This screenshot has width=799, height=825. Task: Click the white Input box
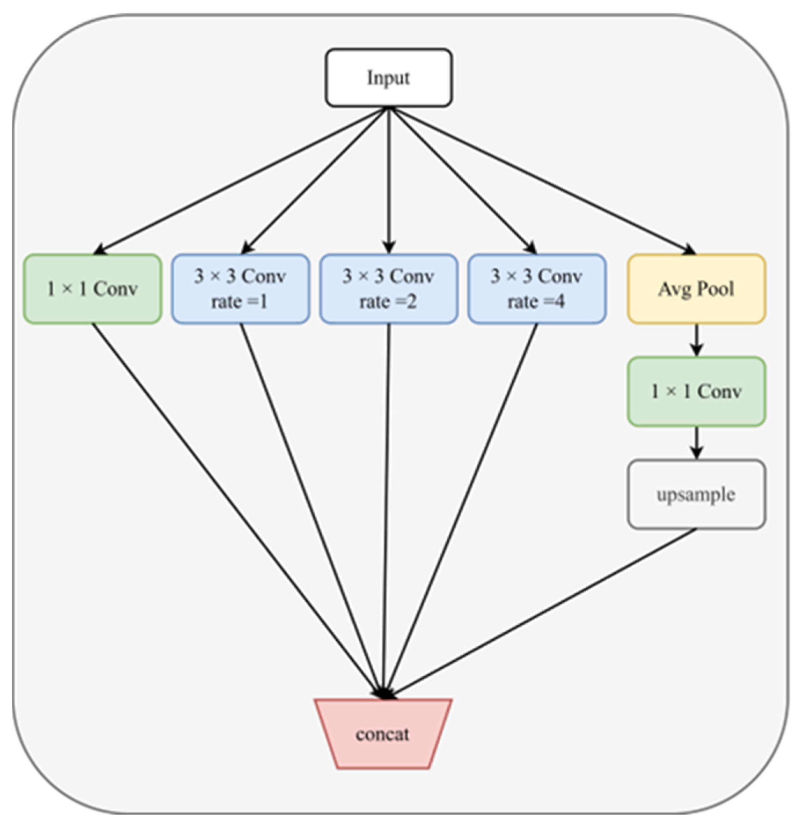pyautogui.click(x=388, y=78)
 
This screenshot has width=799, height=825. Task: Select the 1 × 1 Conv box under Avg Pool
pyautogui.click(x=696, y=392)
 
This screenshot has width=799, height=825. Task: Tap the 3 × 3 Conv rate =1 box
pyautogui.click(x=240, y=289)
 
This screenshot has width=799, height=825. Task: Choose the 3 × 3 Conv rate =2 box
pyautogui.click(x=388, y=289)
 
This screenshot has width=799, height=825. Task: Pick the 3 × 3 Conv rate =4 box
pyautogui.click(x=537, y=289)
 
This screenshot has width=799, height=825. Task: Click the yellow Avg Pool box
pyautogui.click(x=696, y=289)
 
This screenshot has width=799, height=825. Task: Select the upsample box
pyautogui.click(x=696, y=494)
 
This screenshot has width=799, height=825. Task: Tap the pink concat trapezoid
pyautogui.click(x=382, y=735)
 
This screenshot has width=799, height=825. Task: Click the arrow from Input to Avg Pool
pyautogui.click(x=543, y=181)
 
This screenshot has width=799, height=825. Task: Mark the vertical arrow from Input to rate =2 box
pyautogui.click(x=389, y=181)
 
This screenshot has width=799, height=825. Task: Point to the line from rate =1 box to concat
pyautogui.click(x=312, y=509)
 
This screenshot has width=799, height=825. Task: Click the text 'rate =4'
pyautogui.click(x=536, y=302)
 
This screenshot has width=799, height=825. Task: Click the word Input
pyautogui.click(x=388, y=78)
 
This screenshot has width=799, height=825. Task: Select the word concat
pyautogui.click(x=382, y=735)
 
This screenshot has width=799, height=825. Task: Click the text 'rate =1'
pyautogui.click(x=239, y=302)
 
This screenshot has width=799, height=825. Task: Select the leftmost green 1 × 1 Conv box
pyautogui.click(x=92, y=289)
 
